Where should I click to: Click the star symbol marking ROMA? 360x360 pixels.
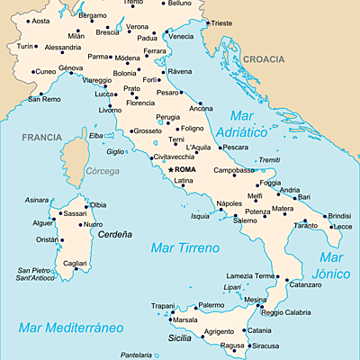pos(170,168)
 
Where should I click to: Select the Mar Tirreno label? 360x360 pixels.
pos(184,247)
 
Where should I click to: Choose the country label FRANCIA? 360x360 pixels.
pos(43,138)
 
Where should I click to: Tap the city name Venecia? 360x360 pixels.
pos(181,37)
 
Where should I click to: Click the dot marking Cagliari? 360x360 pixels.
pos(76,268)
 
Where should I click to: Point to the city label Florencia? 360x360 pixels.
pos(139,103)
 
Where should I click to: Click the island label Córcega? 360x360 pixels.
pos(101,171)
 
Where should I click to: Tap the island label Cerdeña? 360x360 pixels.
pos(114,234)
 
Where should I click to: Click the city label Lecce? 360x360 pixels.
pos(343,227)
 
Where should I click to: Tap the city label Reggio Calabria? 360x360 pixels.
pos(284,312)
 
